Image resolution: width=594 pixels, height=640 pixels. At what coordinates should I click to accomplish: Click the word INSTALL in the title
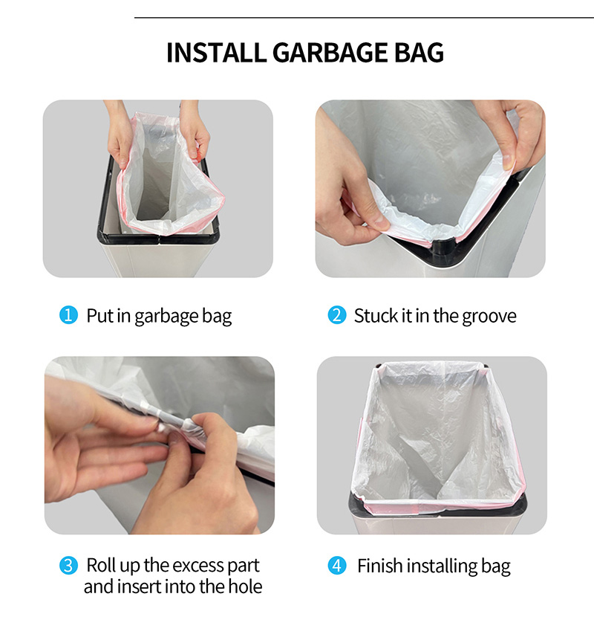pos(217,53)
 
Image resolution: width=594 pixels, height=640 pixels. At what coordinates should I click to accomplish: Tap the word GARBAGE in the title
pos(330,53)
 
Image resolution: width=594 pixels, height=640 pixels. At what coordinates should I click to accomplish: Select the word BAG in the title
pos(419,53)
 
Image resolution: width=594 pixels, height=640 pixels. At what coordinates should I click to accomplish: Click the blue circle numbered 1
pos(68,315)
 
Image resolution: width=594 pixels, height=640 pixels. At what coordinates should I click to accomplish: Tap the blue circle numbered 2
pos(337,315)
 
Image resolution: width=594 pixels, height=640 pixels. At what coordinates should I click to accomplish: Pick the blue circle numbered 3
pos(68,566)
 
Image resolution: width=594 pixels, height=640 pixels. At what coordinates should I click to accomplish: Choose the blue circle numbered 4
pos(337,566)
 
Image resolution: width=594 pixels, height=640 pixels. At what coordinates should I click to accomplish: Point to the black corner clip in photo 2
pos(442,247)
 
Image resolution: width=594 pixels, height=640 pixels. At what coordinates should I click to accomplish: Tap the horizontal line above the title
pos(364,18)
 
